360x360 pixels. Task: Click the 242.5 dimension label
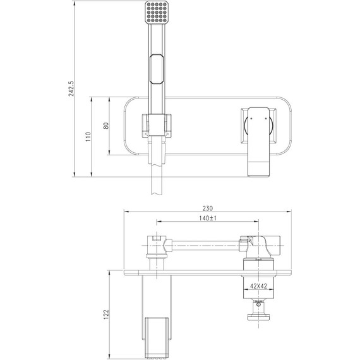point(71,88)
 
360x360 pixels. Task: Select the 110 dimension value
point(88,137)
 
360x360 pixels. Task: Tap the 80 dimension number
point(106,126)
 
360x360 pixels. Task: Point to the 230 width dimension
point(208,208)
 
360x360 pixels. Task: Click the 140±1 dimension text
point(208,218)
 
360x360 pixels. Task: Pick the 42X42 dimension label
point(258,286)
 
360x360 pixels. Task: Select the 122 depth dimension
point(106,315)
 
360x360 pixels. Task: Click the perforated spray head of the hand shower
point(157,12)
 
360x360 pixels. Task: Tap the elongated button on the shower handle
point(157,69)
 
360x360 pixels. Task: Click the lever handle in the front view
point(258,142)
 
